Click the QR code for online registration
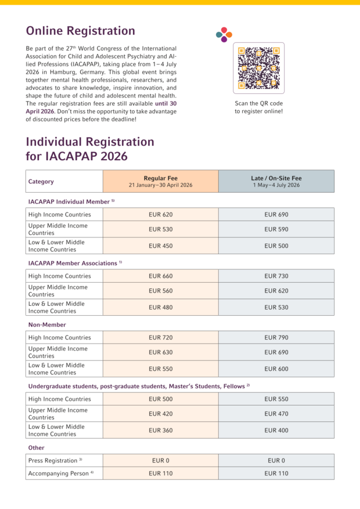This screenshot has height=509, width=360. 258,68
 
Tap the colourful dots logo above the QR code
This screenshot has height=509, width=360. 224,34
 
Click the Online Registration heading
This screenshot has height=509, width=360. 81,31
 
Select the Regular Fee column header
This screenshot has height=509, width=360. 161,181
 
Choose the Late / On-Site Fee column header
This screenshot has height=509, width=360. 276,181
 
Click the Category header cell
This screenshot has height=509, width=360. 64,181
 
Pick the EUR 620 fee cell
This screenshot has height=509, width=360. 161,215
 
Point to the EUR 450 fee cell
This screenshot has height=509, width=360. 161,246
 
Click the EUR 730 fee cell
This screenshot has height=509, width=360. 276,276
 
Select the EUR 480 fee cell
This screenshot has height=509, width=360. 161,307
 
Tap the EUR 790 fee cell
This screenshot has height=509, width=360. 276,338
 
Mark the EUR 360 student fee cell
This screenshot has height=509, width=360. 161,430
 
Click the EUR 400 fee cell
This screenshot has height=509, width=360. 276,430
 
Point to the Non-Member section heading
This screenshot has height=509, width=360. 47,325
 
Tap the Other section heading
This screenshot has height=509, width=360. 37,448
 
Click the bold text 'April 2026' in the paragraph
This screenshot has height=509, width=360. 40,111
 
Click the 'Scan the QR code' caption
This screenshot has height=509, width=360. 258,103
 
